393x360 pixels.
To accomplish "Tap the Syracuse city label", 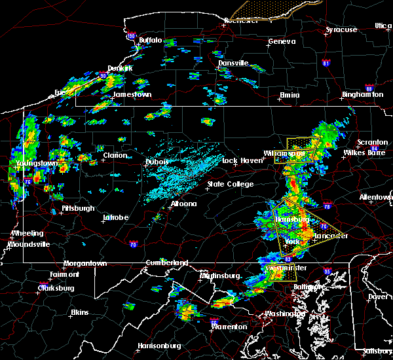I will coord(343,30).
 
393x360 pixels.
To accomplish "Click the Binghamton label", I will coord(362,95).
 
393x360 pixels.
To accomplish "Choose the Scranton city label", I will coord(371,143).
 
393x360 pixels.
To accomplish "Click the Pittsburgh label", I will coord(79,209).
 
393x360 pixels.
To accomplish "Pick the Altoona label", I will coord(183,204).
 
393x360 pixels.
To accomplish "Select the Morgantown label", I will coord(85,264).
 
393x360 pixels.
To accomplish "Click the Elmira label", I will coord(290,95).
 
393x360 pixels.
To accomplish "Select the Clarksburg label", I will coord(57,288).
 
